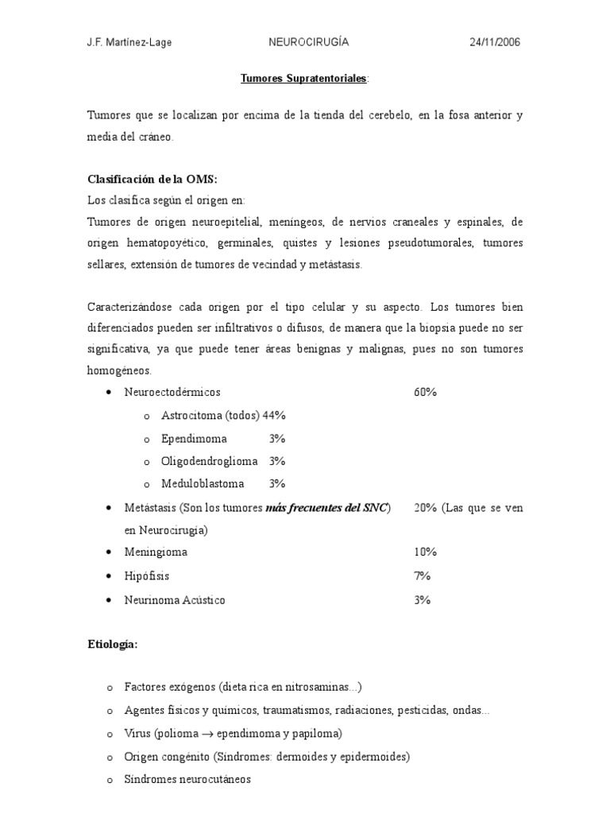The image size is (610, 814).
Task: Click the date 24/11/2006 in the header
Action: click(496, 43)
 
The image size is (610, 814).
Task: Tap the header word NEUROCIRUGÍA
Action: click(309, 43)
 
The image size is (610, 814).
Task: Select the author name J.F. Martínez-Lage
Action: click(129, 43)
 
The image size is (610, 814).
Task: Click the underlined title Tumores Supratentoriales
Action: click(303, 79)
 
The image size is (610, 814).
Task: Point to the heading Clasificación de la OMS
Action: click(152, 180)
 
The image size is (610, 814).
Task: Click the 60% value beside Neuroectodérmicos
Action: click(425, 393)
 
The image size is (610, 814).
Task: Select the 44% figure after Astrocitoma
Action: click(274, 416)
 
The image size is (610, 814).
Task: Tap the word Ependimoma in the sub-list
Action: click(194, 439)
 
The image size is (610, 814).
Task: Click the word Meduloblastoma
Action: click(203, 483)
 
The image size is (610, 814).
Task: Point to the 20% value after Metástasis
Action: click(426, 507)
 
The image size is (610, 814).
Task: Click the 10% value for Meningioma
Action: click(425, 552)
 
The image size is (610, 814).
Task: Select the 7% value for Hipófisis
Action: click(422, 576)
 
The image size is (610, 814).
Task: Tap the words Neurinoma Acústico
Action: click(175, 600)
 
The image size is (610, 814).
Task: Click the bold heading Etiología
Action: click(112, 645)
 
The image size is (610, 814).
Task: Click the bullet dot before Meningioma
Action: click(108, 552)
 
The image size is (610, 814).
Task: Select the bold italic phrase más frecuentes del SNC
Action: click(327, 507)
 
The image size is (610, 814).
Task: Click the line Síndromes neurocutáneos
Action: click(187, 780)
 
